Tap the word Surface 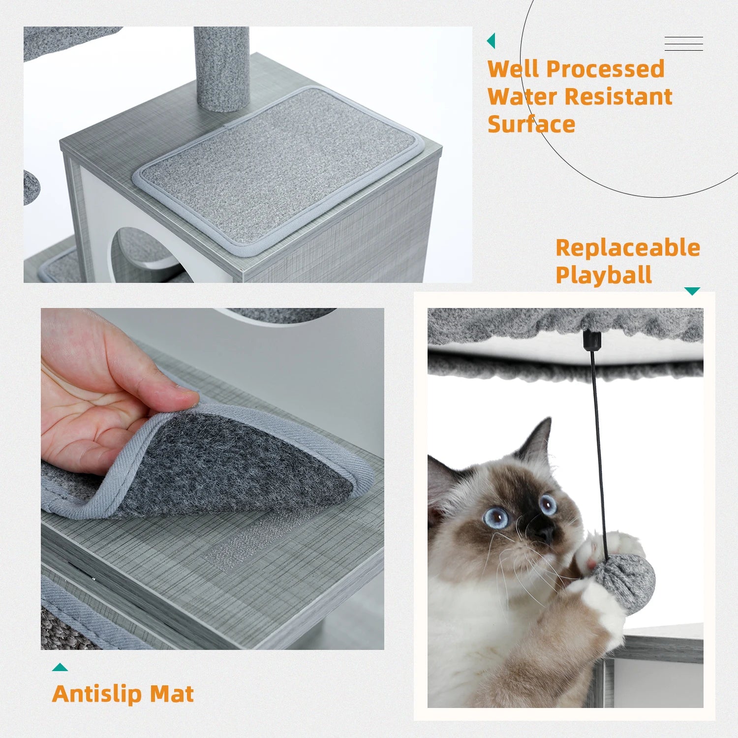[531, 124]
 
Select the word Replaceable [628, 248]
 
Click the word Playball [604, 275]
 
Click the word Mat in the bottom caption [172, 694]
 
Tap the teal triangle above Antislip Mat [60, 668]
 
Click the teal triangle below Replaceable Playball [692, 291]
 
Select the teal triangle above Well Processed [491, 41]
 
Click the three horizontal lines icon [683, 44]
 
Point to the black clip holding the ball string [591, 340]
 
